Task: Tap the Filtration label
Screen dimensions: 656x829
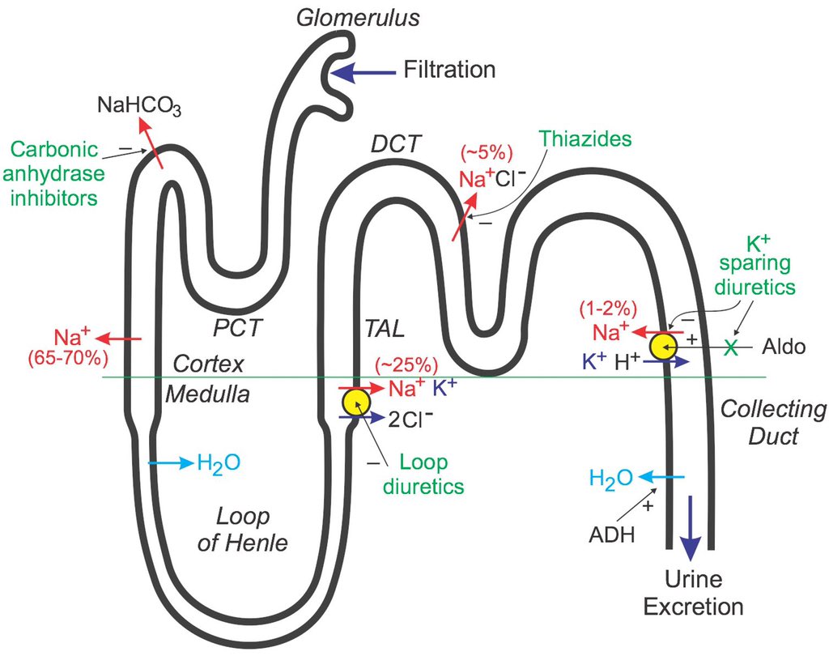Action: click(449, 70)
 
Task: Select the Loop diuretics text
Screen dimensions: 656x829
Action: click(426, 475)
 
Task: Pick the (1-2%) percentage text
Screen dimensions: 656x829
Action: click(607, 309)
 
